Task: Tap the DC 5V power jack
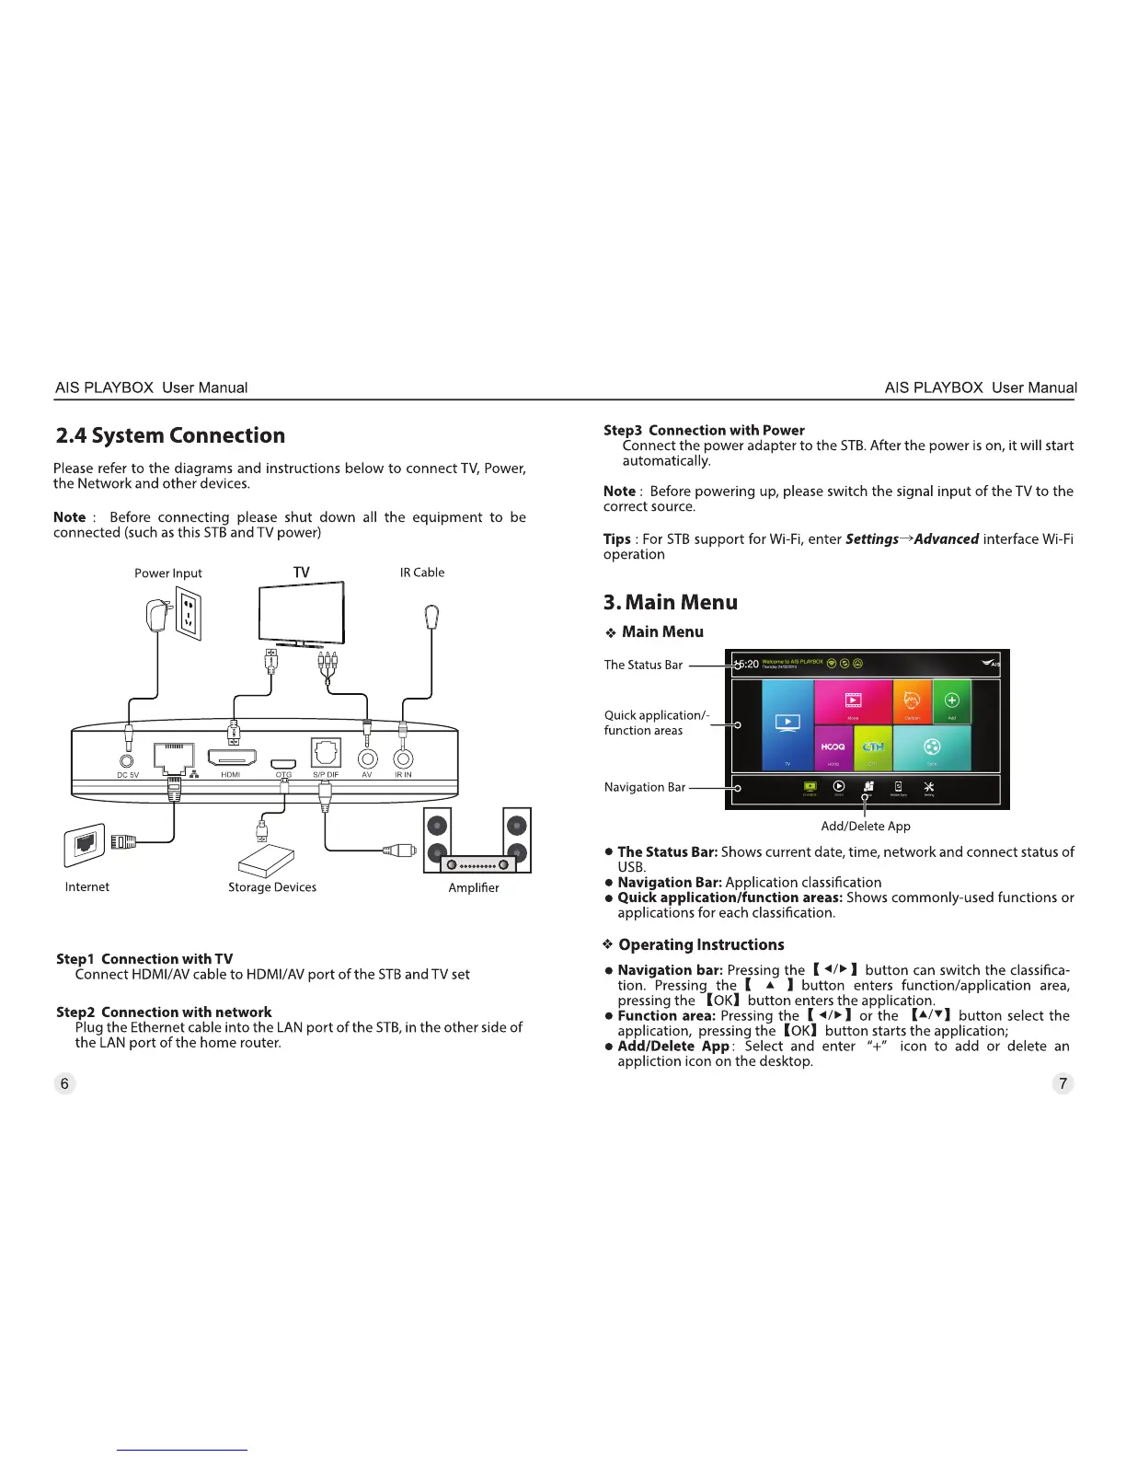point(128,760)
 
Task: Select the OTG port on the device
point(283,764)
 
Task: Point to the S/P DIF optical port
point(326,753)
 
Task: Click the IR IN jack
point(403,759)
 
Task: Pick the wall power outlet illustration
point(189,613)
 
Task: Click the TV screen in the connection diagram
point(301,613)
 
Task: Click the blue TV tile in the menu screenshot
point(787,724)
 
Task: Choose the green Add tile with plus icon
point(952,702)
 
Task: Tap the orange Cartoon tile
point(913,702)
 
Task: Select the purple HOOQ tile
point(833,748)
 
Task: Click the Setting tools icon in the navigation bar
point(928,787)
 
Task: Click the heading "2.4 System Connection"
point(170,435)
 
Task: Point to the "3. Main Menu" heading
point(670,602)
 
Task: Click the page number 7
point(1063,1083)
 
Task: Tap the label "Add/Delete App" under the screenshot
point(865,826)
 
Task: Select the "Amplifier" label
point(473,887)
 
